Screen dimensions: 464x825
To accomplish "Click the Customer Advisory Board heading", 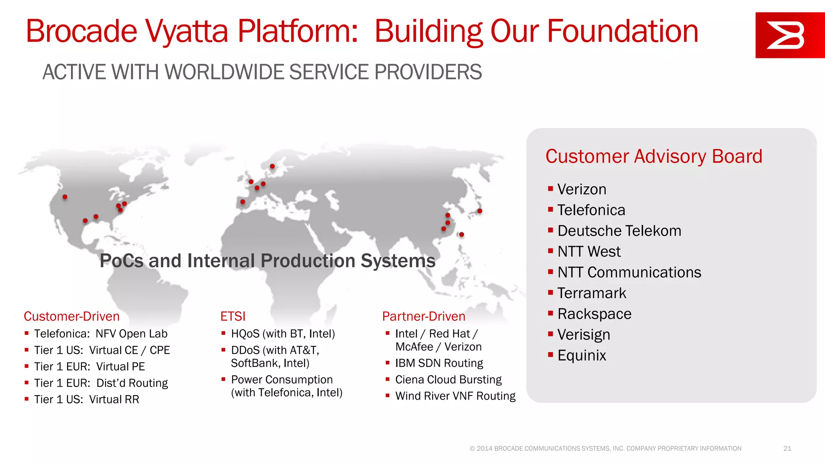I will click(x=653, y=156).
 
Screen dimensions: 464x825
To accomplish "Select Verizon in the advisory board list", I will click(x=581, y=189).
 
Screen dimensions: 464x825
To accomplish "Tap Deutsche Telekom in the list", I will click(x=619, y=231).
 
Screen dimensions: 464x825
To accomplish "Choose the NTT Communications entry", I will click(x=629, y=272).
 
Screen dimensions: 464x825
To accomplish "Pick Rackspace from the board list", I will click(x=594, y=314).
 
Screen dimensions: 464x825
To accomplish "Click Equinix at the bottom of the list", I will click(x=581, y=355).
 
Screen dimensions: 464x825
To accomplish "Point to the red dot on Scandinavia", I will click(x=272, y=166).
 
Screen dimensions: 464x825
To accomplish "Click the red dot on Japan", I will click(x=479, y=211).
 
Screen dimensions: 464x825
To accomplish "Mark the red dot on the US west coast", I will click(x=65, y=197).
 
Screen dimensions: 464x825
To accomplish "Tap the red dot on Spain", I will click(x=243, y=202).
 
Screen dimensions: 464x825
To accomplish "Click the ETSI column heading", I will click(x=233, y=316).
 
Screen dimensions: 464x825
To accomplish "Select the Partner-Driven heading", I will click(x=423, y=316).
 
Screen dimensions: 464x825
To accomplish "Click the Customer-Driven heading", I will click(x=72, y=316).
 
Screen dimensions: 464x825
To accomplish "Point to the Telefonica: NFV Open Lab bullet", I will click(x=100, y=333).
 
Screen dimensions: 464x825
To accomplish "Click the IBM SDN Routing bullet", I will click(x=439, y=363).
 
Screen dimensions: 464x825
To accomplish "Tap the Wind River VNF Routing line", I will click(x=455, y=396).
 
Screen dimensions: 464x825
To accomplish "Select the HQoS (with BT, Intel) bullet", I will click(x=282, y=333).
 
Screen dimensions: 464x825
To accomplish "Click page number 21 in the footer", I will click(x=787, y=448).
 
